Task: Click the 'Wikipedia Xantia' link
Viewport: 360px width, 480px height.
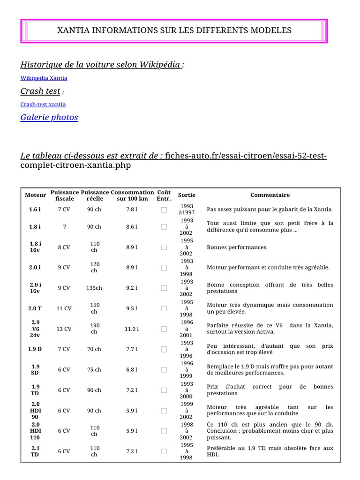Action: pos(44,78)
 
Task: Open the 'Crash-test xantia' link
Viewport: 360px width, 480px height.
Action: pos(43,105)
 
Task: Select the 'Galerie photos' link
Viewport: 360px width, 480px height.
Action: pos(49,118)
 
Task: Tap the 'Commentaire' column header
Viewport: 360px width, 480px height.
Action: pos(270,195)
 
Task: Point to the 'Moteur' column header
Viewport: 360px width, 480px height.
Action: pos(36,195)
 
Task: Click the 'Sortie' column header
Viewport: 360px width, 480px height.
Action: pos(187,195)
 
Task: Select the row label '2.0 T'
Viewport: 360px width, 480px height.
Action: pos(36,308)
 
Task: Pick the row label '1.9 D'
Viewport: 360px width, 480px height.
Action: pos(36,349)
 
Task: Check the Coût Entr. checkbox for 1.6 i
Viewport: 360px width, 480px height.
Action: pos(164,210)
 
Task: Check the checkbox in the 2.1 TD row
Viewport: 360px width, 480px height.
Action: pos(164,451)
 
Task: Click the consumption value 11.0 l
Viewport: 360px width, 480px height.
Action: pos(132,329)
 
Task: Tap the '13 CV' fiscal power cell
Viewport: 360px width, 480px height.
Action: pos(64,329)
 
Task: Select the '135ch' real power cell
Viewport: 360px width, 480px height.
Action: pos(94,288)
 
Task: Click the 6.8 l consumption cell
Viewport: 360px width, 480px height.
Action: pos(132,370)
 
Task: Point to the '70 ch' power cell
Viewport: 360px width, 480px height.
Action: pos(94,349)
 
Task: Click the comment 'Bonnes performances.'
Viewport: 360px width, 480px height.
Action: pos(237,247)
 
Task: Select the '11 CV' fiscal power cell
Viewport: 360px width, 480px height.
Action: pos(64,308)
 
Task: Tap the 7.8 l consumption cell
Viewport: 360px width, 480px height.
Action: pos(132,210)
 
